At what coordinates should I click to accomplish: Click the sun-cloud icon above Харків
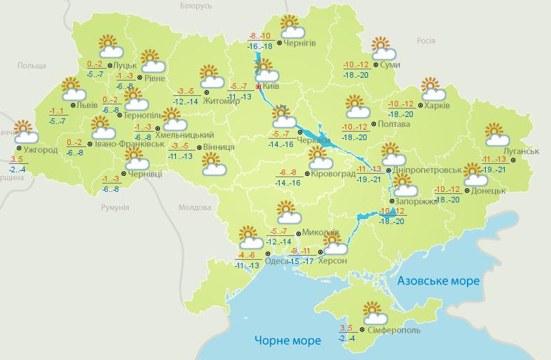coord(433,89)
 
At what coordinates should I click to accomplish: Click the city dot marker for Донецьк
coord(468,191)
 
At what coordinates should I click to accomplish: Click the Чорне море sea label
coord(287,340)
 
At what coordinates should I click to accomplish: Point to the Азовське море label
coord(439,281)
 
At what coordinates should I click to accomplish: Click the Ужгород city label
coord(40,150)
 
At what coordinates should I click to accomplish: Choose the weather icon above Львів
coord(72,89)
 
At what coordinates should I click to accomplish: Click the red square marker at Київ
coord(259,88)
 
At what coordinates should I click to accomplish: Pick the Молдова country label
coord(195,208)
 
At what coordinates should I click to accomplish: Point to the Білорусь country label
coord(196,6)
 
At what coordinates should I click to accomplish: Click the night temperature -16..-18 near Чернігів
coord(261,46)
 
